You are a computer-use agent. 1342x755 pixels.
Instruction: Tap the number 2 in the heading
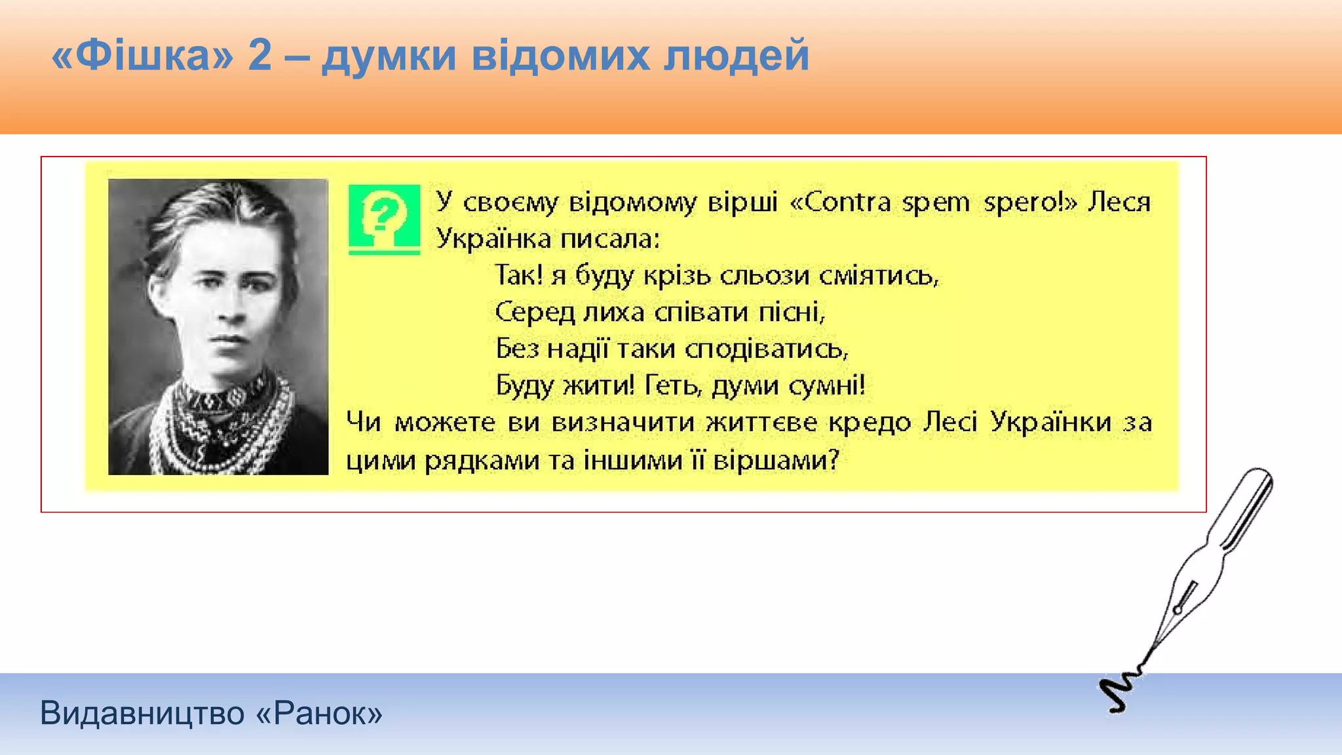tap(259, 55)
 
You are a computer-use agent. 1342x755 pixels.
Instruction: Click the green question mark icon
tap(384, 216)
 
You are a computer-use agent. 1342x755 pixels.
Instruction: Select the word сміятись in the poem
tap(879, 275)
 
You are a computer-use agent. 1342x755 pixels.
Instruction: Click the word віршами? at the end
tap(776, 460)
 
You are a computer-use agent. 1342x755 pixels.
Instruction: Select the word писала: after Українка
tap(609, 239)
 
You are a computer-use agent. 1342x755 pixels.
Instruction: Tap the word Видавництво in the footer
tap(142, 713)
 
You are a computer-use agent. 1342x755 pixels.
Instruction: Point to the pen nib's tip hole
tap(1178, 610)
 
